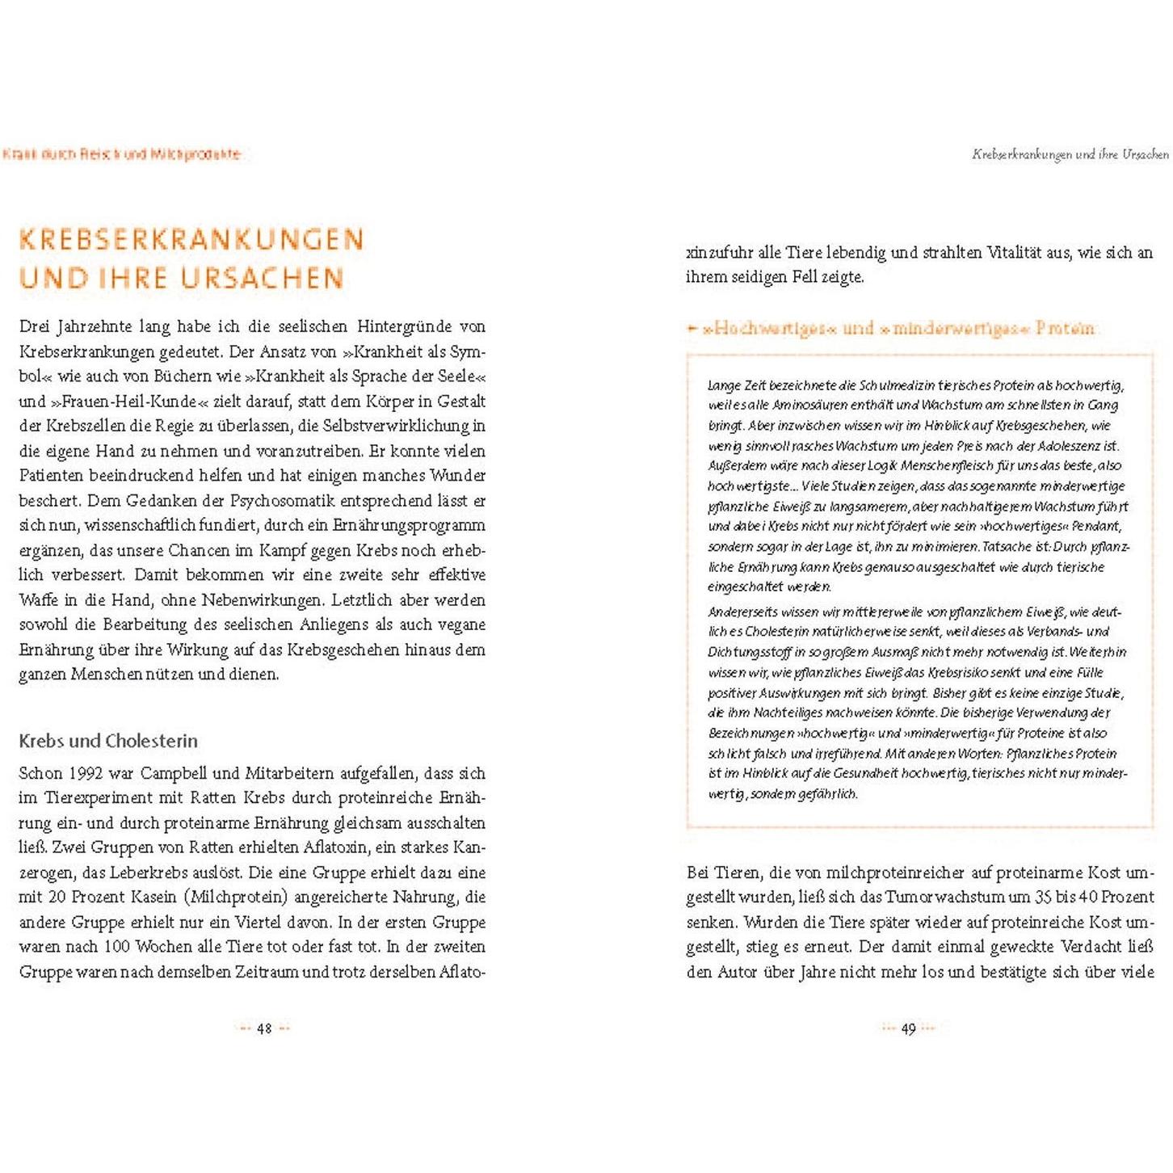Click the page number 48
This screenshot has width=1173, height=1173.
264,1028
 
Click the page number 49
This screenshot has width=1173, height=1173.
909,1028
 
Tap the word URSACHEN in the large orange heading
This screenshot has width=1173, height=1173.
263,278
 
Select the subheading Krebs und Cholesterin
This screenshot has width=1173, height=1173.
108,741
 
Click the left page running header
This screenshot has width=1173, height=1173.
121,153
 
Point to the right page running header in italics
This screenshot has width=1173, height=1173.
1070,153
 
